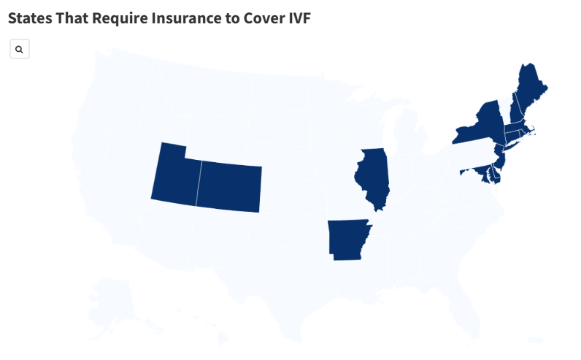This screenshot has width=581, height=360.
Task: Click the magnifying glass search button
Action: tap(19, 50)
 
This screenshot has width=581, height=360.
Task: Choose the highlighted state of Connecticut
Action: tap(511, 137)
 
